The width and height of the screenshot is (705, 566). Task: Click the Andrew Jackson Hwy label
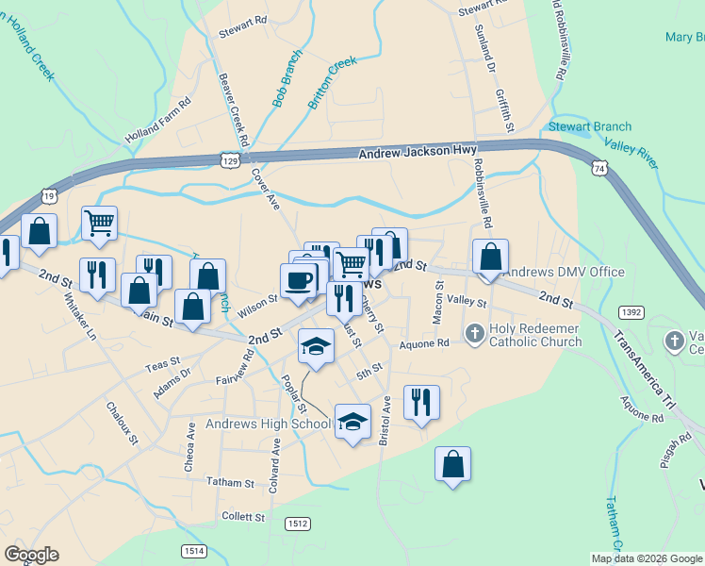(418, 151)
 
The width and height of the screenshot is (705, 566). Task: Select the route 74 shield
(600, 167)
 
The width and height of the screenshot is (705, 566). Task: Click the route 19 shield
(49, 195)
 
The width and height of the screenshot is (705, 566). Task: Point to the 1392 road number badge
(631, 311)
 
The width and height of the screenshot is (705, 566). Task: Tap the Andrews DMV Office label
(565, 272)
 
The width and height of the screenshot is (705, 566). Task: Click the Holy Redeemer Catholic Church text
(534, 335)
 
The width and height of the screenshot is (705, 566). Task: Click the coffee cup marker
(299, 279)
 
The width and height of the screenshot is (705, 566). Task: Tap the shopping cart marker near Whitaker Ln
(99, 223)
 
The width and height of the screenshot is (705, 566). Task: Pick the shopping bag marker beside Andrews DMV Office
(490, 256)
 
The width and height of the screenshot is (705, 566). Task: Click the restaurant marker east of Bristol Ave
(421, 402)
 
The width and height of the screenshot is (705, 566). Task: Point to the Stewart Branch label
(577, 126)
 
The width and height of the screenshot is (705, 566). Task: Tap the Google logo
(31, 555)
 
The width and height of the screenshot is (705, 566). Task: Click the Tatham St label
(231, 482)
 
